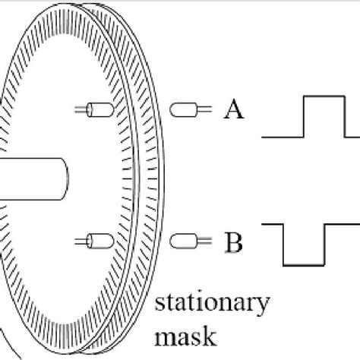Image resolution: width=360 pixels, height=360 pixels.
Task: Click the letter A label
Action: coord(234,111)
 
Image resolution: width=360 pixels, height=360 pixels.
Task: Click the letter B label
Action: coord(234,243)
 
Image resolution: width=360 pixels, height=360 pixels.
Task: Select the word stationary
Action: coord(211,304)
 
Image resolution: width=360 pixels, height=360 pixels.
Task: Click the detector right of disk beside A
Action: coord(183,110)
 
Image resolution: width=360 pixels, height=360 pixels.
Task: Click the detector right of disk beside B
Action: coord(183,242)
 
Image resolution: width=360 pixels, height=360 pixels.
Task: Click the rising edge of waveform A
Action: coord(305,117)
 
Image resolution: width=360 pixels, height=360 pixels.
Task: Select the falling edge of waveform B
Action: coord(283,244)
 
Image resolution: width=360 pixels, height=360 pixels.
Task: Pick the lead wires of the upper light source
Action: coord(80,110)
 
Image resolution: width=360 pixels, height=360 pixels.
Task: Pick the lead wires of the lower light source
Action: coord(80,242)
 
